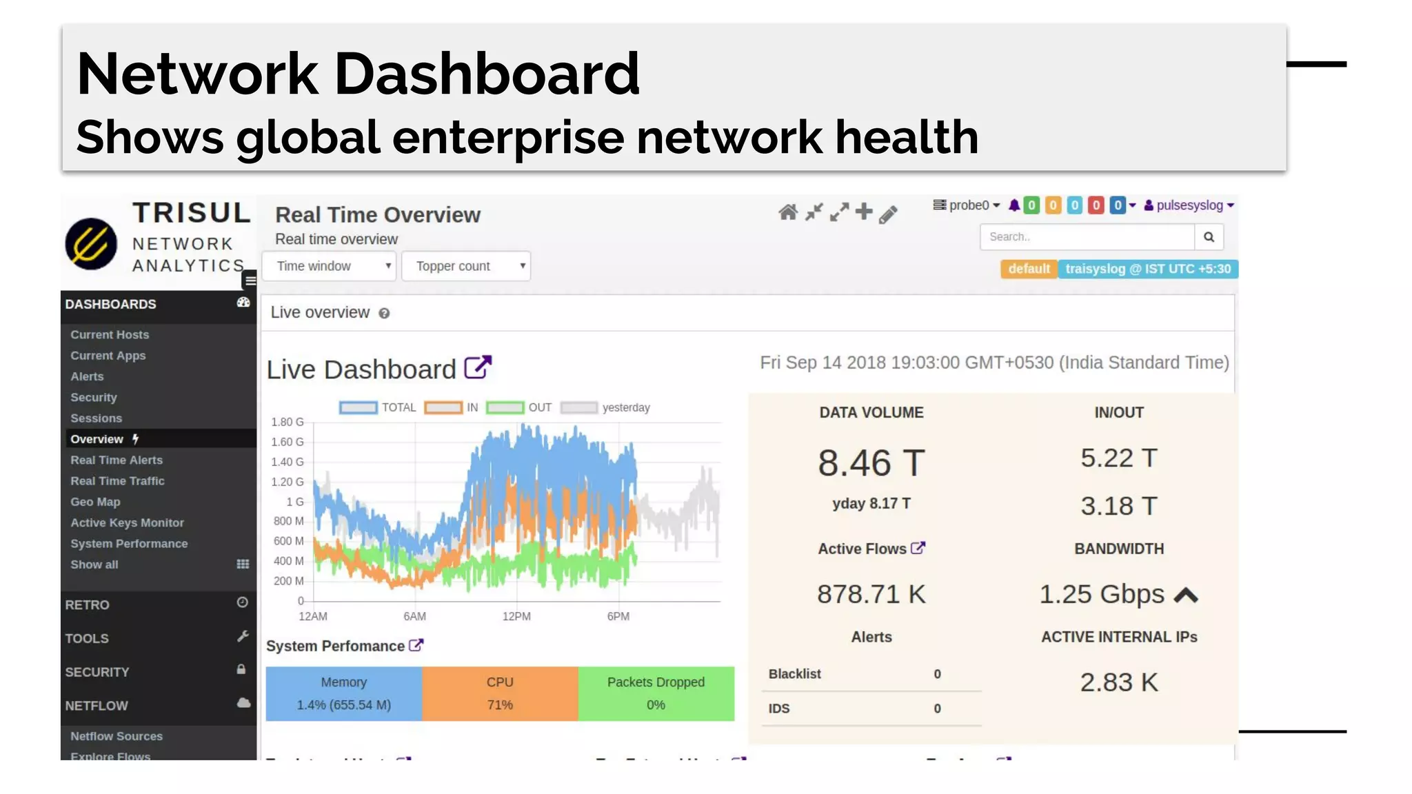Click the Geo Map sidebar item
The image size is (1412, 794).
click(x=95, y=502)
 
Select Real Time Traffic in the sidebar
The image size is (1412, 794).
click(x=117, y=481)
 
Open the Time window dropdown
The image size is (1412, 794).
click(x=329, y=266)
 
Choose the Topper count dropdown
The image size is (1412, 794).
click(x=465, y=266)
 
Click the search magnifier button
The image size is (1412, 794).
click(x=1209, y=237)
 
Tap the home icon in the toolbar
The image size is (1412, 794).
click(x=788, y=212)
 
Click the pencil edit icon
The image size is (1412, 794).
click(x=888, y=214)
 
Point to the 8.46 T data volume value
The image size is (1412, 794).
click(x=871, y=462)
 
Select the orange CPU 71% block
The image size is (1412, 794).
click(x=500, y=693)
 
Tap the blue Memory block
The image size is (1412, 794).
click(x=343, y=693)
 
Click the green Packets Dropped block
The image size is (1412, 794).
click(x=656, y=693)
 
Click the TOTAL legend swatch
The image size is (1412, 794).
click(x=359, y=407)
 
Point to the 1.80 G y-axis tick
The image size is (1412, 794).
click(x=287, y=422)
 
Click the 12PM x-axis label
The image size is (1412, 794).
click(x=516, y=616)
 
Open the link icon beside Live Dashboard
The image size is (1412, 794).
click(x=478, y=367)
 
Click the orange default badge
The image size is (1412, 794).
click(x=1029, y=269)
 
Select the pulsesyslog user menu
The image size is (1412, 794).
click(x=1189, y=205)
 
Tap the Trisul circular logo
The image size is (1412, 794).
click(x=91, y=243)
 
